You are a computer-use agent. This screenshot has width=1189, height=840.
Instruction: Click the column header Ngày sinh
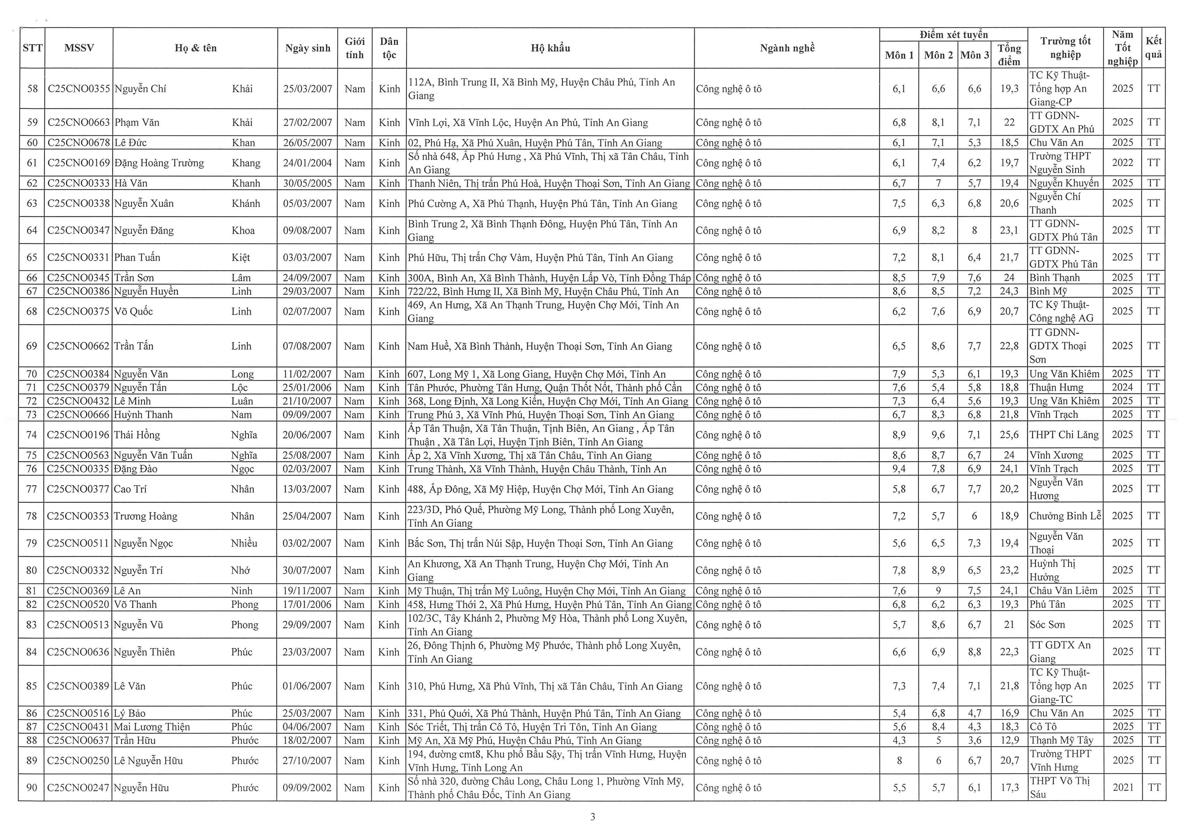point(308,48)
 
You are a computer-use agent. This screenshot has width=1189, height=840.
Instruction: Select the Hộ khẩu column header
point(550,48)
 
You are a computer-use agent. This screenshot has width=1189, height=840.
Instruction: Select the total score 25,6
point(1009,435)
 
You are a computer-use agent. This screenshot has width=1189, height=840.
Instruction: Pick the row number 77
point(32,489)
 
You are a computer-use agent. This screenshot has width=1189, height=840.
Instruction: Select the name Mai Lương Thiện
point(152,727)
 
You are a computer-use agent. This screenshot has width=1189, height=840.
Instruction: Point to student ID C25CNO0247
point(78,788)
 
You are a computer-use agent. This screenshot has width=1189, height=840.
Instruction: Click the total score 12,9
point(1009,740)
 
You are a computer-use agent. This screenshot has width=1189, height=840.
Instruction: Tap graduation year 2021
point(1122,788)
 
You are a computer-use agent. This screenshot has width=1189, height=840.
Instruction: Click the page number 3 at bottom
point(593,817)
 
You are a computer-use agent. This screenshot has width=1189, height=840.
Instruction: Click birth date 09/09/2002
point(307,788)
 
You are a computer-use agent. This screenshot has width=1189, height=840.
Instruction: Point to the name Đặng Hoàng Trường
point(159,163)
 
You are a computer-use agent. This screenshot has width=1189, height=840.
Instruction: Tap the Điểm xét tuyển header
point(953,35)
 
